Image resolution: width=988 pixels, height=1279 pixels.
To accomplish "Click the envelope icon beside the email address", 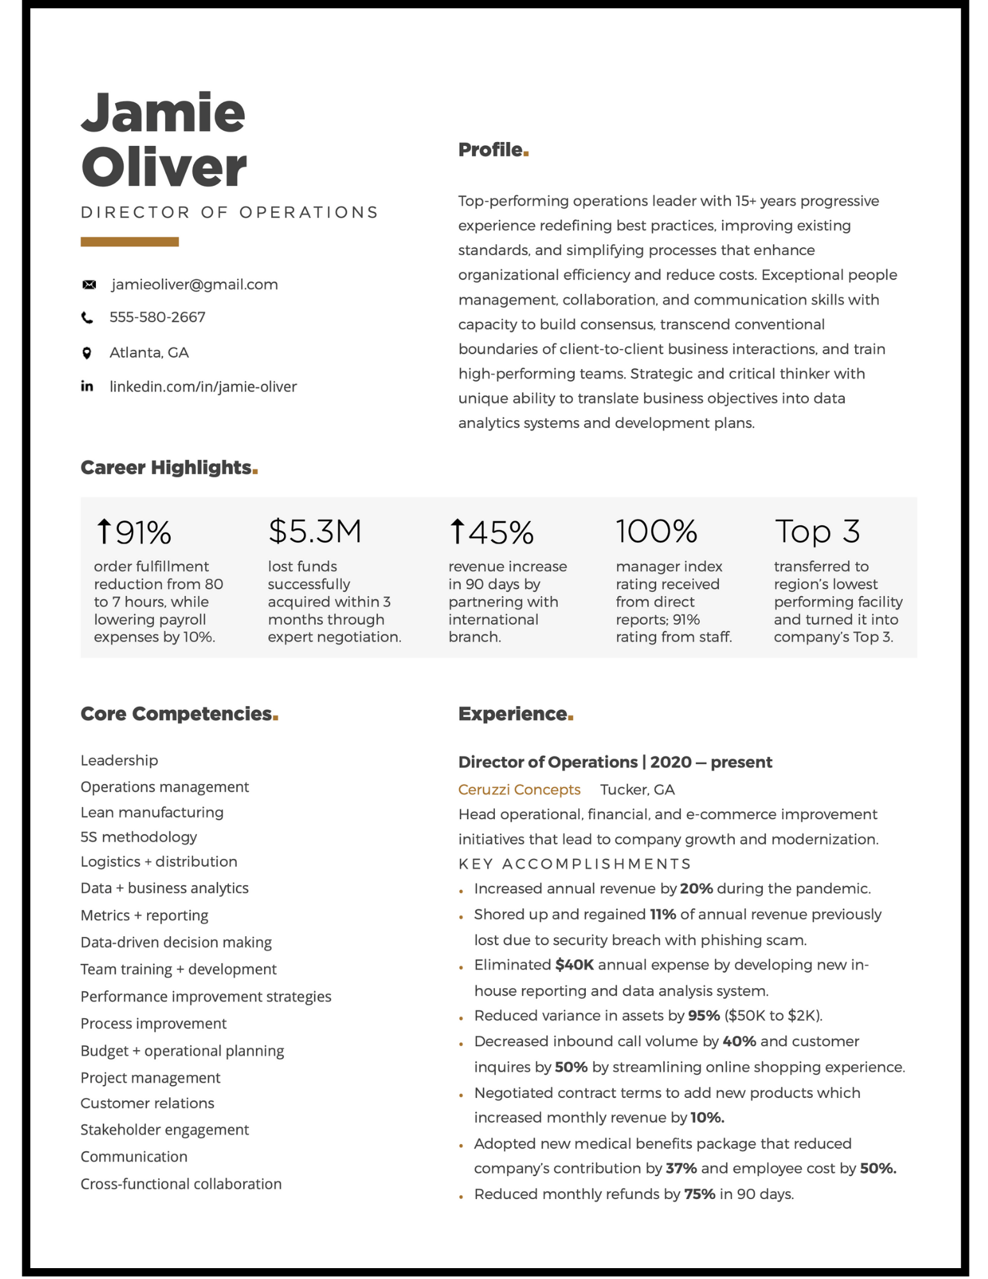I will coord(90,285).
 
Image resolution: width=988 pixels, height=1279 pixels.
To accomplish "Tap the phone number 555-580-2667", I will coord(157,318).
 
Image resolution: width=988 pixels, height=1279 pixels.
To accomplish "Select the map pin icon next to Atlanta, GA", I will coord(87,353).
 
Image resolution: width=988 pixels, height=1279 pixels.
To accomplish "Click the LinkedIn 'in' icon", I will coord(87,386).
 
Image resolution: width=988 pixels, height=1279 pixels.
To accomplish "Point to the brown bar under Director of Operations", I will coord(129,242).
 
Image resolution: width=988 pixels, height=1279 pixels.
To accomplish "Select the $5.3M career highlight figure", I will coord(315,531).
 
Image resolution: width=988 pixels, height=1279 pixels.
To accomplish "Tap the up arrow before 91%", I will coord(104,531).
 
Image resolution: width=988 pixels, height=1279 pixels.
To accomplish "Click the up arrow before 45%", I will coord(457,531).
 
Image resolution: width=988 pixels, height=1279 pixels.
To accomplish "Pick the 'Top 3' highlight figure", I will coord(817,531).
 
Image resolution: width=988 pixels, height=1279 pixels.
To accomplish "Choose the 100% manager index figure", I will coord(656,531).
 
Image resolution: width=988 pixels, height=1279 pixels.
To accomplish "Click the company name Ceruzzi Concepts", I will coord(519,790).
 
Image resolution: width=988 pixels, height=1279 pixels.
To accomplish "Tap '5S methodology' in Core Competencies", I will coord(139,838).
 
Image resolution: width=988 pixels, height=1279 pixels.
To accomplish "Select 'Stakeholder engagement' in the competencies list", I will coord(164,1131).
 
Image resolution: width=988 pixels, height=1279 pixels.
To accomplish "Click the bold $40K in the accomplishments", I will coord(574,966).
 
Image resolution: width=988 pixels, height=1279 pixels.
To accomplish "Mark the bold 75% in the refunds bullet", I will coord(699,1195).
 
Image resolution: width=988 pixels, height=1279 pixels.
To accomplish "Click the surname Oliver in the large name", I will coord(164,168).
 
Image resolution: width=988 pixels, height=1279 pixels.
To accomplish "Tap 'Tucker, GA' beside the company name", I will coord(637,790).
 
